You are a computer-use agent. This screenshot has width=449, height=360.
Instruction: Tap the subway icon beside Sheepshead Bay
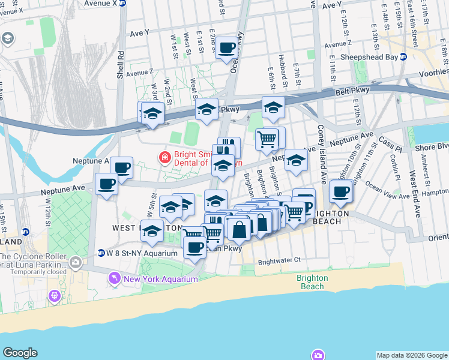pyautogui.click(x=403, y=57)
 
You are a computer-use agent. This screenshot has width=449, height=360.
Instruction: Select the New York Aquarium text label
pyautogui.click(x=160, y=280)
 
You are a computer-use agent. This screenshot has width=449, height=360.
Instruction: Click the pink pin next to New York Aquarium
pyautogui.click(x=113, y=279)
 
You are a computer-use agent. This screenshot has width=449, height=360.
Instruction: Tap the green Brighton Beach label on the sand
pyautogui.click(x=312, y=282)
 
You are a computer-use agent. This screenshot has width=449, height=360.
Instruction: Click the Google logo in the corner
pyautogui.click(x=20, y=353)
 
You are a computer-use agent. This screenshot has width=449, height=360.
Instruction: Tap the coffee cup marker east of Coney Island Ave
pyautogui.click(x=341, y=191)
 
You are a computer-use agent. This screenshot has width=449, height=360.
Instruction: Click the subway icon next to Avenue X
pyautogui.click(x=122, y=2)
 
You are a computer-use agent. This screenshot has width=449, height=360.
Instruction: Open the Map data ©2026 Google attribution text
pyautogui.click(x=411, y=355)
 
